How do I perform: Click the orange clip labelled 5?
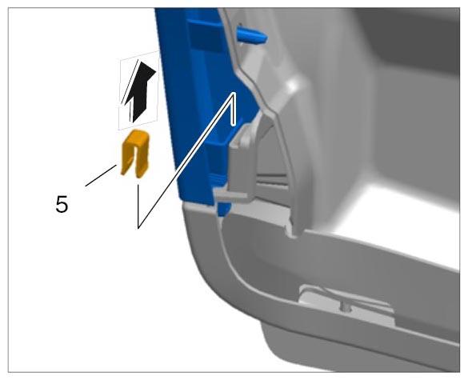[135, 154]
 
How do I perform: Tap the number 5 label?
[62, 205]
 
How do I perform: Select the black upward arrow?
[139, 92]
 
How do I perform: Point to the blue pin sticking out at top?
[251, 36]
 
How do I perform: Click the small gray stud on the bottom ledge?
[346, 306]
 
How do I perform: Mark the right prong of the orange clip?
[142, 162]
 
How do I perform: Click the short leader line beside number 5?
[101, 175]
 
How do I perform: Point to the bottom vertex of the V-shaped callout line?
[138, 228]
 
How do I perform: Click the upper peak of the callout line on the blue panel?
[234, 94]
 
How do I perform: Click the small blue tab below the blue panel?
[224, 209]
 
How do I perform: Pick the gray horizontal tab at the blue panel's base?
[230, 195]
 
